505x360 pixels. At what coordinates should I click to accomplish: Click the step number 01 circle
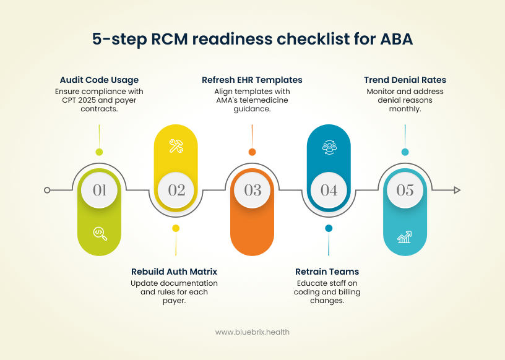pos(100,190)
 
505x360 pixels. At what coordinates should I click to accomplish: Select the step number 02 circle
pos(176,190)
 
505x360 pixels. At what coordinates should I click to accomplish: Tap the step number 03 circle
pos(252,190)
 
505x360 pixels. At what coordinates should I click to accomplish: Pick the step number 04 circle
pos(329,190)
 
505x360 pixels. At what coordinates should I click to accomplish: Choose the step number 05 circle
pos(405,190)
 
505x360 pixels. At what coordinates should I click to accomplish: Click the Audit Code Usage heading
pos(99,80)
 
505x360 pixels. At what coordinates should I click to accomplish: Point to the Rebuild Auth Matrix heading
pos(175,272)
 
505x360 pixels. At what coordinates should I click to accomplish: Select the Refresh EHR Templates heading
pos(252,80)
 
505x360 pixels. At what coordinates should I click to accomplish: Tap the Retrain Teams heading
pos(327,272)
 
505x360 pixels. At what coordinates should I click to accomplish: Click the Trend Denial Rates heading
pos(405,80)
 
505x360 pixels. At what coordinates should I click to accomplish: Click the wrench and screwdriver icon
pos(176,147)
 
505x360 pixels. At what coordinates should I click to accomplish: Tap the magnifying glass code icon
pos(100,233)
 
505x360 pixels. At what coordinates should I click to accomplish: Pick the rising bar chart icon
pos(405,236)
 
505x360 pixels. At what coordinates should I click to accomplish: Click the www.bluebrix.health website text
pos(252,332)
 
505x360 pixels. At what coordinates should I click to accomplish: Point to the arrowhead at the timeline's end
pos(457,190)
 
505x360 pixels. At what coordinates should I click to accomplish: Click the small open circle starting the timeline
pos(47,190)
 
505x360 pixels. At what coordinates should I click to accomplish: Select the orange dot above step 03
pos(252,152)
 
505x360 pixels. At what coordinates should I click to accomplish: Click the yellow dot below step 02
pos(176,228)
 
